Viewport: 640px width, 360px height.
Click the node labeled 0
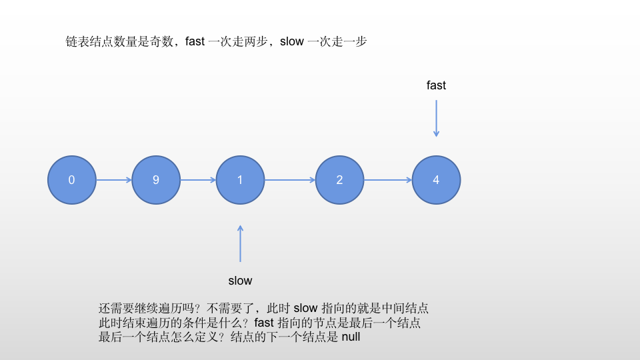pyautogui.click(x=71, y=180)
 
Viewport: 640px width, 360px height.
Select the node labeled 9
pyautogui.click(x=156, y=180)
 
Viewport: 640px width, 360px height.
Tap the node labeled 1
pyautogui.click(x=240, y=180)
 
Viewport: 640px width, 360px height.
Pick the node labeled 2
pyautogui.click(x=339, y=180)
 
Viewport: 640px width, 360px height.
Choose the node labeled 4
pyautogui.click(x=436, y=180)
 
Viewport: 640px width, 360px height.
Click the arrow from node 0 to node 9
pyautogui.click(x=113, y=180)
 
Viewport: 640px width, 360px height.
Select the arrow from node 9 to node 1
pyautogui.click(x=198, y=180)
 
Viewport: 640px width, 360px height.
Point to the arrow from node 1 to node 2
pyautogui.click(x=289, y=180)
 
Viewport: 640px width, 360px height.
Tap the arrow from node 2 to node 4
pyautogui.click(x=387, y=180)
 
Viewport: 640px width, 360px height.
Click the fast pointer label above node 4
pyautogui.click(x=436, y=85)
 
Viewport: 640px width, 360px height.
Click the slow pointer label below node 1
pyautogui.click(x=240, y=281)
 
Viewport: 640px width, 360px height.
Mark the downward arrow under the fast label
pyautogui.click(x=436, y=118)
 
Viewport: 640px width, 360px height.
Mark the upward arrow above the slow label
pyautogui.click(x=240, y=243)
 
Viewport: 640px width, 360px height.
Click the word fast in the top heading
pyautogui.click(x=195, y=41)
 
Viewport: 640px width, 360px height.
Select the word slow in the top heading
pyautogui.click(x=291, y=41)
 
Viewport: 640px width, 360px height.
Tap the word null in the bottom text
pyautogui.click(x=351, y=337)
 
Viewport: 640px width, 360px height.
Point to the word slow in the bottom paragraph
pyautogui.click(x=306, y=309)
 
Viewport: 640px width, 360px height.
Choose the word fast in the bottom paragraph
pyautogui.click(x=265, y=323)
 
